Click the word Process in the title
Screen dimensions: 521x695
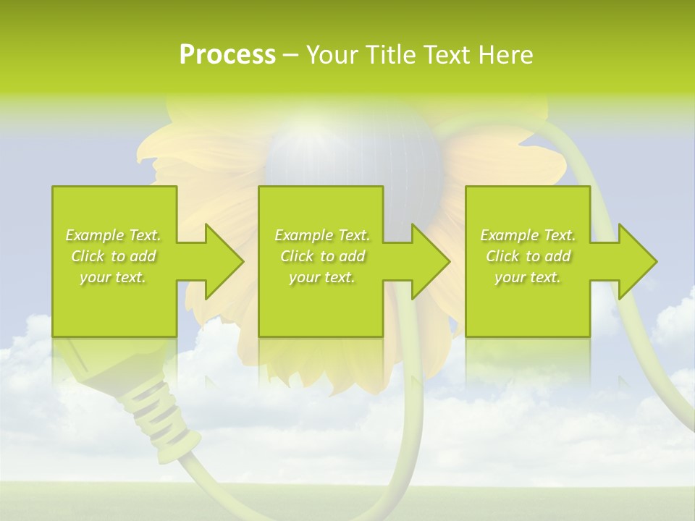227,55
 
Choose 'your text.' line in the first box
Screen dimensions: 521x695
113,277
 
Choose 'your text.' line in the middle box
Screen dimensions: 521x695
321,277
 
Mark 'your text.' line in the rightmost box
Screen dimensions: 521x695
527,277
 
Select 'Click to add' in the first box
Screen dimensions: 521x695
113,256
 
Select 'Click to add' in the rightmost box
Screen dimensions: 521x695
528,256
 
